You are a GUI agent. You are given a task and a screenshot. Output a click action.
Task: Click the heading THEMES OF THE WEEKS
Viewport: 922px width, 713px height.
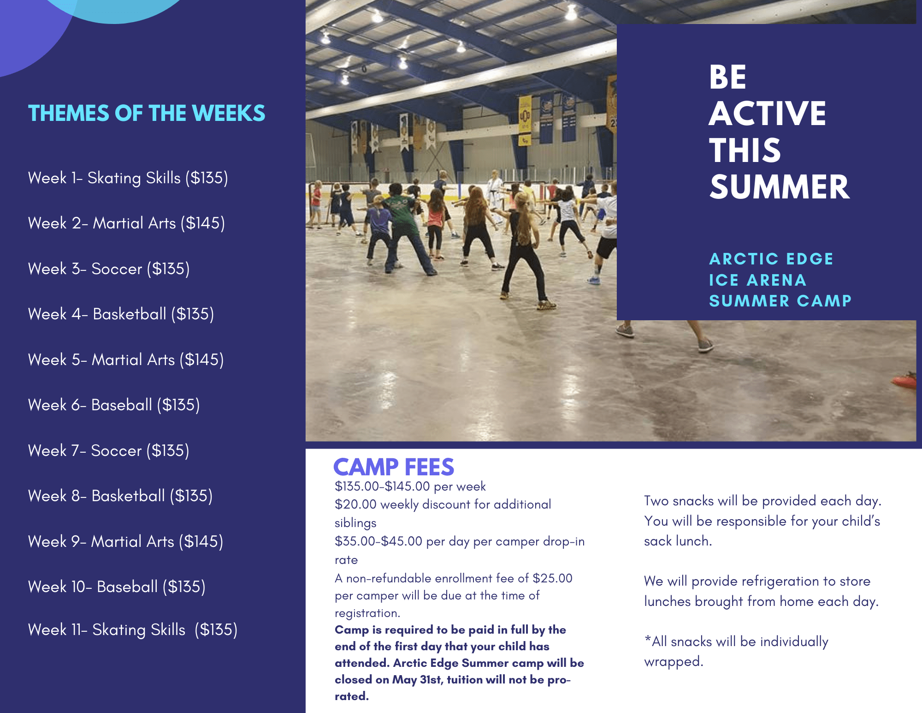147,114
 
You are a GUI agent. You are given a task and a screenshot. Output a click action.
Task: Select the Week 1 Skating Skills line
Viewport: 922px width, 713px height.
128,178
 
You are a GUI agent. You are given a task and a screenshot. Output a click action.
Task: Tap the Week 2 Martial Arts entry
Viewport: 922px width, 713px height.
126,223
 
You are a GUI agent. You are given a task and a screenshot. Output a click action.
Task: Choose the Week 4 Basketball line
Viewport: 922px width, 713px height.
121,314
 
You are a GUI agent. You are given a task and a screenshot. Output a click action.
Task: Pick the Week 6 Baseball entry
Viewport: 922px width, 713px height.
114,405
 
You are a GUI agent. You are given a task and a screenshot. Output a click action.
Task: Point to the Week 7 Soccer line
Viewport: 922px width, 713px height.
108,451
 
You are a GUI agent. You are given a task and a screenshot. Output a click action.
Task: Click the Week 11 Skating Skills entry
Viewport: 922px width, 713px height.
132,630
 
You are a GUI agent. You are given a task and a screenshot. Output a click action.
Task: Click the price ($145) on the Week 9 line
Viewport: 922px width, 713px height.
201,542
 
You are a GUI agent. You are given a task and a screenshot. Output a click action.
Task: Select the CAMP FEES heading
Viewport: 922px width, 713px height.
393,467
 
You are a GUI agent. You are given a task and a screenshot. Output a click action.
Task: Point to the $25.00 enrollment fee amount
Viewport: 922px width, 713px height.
552,578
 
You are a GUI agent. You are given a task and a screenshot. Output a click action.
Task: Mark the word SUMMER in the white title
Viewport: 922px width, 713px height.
779,187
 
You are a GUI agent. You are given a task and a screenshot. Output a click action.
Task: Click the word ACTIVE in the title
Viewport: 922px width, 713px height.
767,114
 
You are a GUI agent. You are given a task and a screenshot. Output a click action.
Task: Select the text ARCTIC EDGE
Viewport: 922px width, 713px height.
771,259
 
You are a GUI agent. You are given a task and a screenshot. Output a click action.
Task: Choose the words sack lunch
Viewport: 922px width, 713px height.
678,541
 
